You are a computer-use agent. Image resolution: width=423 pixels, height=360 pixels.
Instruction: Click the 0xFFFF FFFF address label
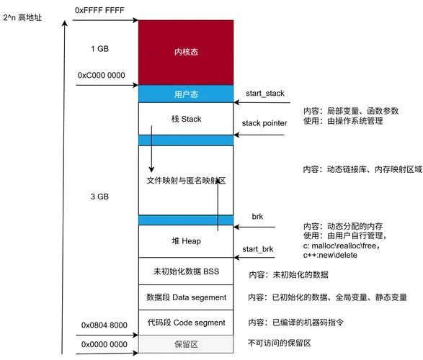[99, 10]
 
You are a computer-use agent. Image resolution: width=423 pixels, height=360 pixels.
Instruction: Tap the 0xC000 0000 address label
[101, 75]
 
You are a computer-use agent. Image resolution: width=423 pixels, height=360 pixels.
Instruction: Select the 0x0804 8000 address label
[104, 325]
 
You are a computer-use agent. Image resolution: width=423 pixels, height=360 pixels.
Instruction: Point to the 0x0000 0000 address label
[104, 344]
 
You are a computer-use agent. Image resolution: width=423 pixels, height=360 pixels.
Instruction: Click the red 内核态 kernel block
[186, 53]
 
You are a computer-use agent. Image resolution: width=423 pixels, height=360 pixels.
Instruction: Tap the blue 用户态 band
[186, 94]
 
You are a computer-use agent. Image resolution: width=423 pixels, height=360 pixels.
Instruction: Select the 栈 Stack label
[186, 119]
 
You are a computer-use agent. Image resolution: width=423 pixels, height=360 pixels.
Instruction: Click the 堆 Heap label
[186, 240]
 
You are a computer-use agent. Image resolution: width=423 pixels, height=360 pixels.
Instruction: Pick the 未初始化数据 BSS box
[186, 271]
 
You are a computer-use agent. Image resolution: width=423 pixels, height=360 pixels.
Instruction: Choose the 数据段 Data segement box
[186, 297]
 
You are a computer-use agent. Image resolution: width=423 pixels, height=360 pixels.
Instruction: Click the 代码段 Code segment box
[186, 323]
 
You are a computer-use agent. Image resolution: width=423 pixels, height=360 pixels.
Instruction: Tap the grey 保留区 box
[186, 344]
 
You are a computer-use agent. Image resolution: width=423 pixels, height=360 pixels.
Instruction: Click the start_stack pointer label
[265, 93]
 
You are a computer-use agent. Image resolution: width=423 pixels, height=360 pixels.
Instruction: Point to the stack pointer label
[264, 123]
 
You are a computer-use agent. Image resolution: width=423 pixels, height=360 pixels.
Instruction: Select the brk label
[257, 217]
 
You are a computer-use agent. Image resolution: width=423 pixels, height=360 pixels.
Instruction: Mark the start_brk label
[258, 249]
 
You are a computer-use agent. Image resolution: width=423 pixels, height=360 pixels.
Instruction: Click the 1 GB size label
[100, 49]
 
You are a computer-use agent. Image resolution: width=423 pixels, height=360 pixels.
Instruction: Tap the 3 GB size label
[99, 197]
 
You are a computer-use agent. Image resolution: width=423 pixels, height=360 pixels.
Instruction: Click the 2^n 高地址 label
[22, 18]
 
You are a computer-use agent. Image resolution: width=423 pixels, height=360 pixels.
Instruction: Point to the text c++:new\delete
[330, 255]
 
